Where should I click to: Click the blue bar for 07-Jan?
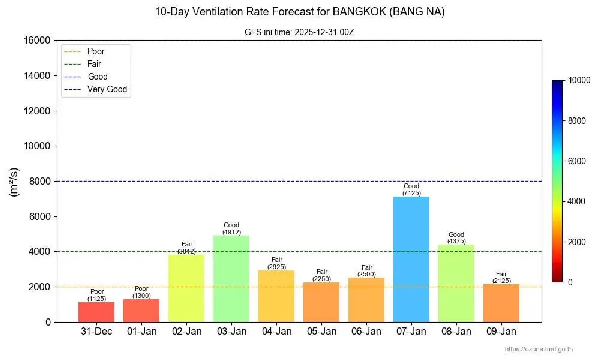411,260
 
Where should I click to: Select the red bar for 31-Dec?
96,312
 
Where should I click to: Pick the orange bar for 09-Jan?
501,303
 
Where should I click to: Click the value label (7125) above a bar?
411,193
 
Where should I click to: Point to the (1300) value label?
141,296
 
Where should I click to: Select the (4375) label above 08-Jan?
456,241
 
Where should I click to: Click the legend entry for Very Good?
107,90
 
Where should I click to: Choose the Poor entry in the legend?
96,51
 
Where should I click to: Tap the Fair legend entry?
94,64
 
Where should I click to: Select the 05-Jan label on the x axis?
321,332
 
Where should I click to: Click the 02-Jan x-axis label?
186,332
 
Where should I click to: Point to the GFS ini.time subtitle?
299,31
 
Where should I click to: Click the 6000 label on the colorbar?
578,161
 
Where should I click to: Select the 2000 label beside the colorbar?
578,242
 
